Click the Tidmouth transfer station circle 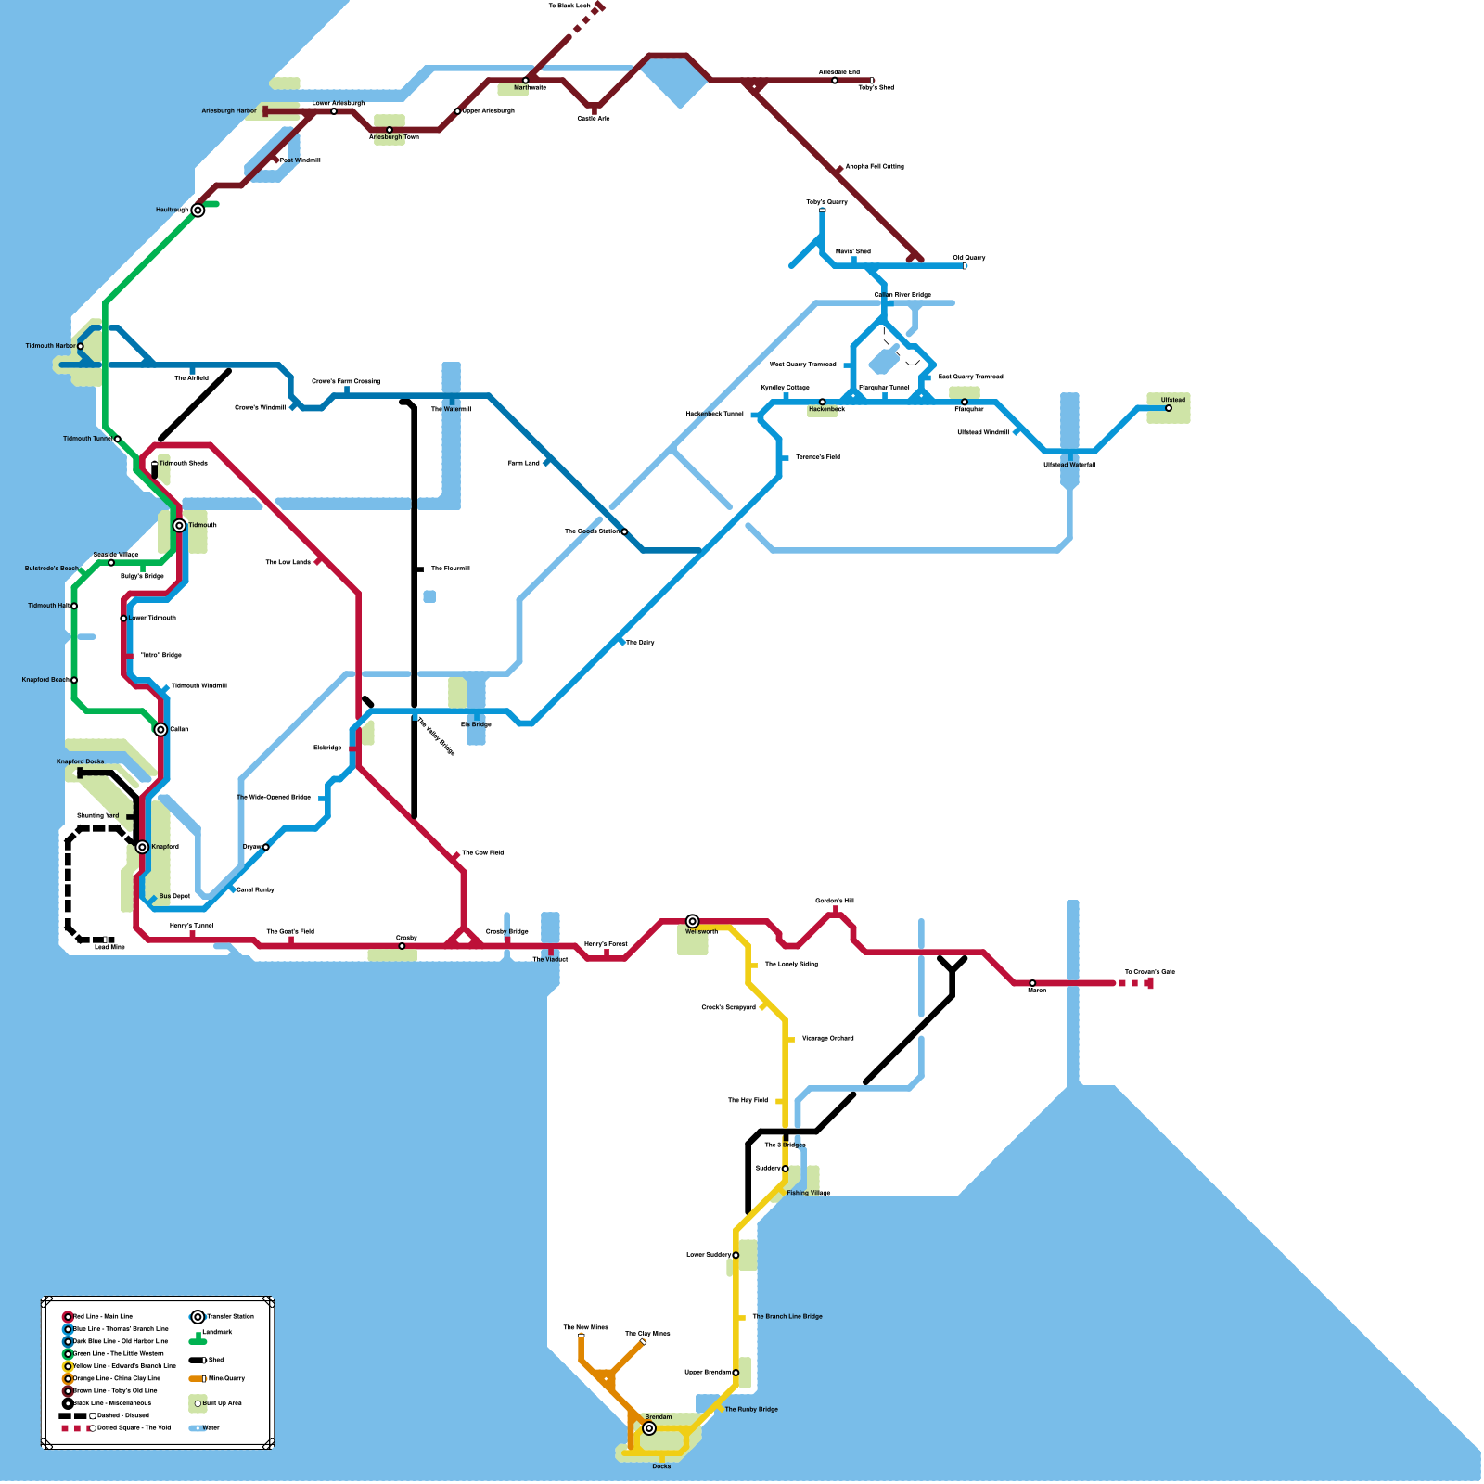click(x=179, y=526)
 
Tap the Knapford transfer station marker click(x=142, y=847)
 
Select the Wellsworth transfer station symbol click(x=693, y=921)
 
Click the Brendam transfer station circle click(x=649, y=1428)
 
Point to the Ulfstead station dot click(x=1169, y=408)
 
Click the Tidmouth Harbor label click(x=50, y=346)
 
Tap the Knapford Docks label click(x=81, y=761)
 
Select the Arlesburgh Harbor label click(x=229, y=111)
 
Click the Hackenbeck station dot click(x=822, y=402)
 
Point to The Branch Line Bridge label click(x=787, y=1316)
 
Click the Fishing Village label click(x=808, y=1193)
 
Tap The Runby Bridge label click(x=751, y=1409)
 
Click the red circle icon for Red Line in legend click(x=68, y=1317)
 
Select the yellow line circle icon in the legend click(x=68, y=1366)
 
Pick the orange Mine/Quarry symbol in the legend click(x=198, y=1379)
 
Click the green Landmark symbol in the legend click(x=198, y=1340)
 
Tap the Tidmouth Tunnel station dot click(x=118, y=439)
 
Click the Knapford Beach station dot click(x=74, y=680)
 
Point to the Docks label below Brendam click(x=661, y=1466)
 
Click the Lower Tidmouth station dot click(x=123, y=618)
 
